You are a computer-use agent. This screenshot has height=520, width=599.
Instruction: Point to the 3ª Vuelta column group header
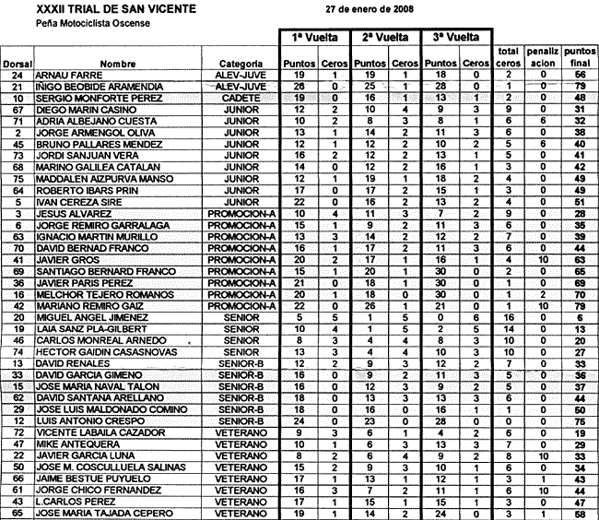click(456, 38)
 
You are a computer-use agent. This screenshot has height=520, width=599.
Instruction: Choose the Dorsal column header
click(18, 64)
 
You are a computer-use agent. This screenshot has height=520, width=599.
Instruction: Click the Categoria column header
click(230, 64)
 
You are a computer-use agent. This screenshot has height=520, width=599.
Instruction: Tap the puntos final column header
click(579, 55)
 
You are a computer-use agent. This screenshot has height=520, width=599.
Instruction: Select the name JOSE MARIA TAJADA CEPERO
click(100, 514)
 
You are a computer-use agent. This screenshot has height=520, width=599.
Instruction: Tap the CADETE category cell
click(231, 97)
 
